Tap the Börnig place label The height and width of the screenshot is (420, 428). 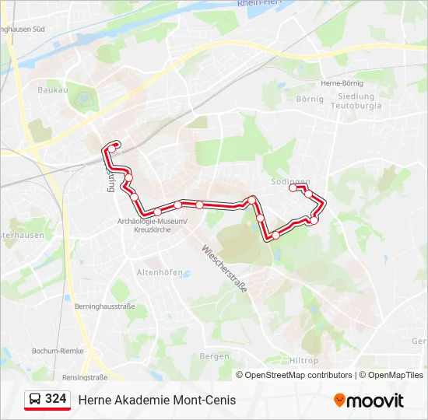310,99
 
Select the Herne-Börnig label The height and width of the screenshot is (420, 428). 342,83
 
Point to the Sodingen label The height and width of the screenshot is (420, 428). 290,180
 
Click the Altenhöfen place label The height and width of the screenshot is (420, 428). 160,272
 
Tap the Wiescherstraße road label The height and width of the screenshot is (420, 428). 224,269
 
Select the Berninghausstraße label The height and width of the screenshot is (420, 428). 105,306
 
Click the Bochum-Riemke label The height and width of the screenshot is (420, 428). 58,351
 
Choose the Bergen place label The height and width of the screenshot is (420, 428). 214,355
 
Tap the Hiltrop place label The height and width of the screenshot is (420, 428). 303,361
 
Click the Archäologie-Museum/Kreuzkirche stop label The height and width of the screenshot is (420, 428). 152,225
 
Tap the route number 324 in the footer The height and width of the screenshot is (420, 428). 55,399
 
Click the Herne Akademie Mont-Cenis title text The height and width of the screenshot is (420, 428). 156,400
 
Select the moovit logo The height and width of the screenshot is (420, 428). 369,400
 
